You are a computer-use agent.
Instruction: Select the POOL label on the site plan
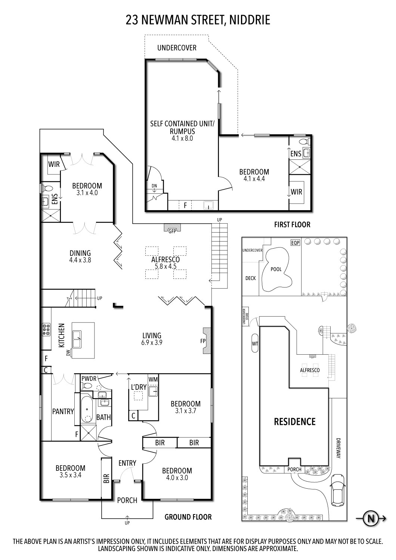tap(276, 269)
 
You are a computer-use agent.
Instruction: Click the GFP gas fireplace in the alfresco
tap(172, 228)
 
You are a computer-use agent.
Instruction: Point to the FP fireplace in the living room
tap(207, 340)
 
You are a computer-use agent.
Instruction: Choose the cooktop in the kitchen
tap(46, 330)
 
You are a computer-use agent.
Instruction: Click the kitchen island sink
tap(77, 339)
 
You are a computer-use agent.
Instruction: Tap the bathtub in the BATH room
tap(87, 409)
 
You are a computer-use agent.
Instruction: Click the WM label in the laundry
tap(153, 379)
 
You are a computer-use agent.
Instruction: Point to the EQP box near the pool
tap(295, 243)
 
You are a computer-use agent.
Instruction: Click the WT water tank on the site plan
tap(255, 343)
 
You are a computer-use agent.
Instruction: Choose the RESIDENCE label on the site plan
tap(295, 421)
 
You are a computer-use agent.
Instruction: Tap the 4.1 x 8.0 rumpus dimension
tap(182, 139)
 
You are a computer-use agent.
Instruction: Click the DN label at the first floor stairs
tap(154, 186)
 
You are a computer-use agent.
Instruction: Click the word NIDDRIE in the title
tap(250, 20)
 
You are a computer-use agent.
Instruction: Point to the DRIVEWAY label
tap(338, 448)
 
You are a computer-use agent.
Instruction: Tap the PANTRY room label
tap(63, 411)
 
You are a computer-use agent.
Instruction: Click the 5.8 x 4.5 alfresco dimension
tap(165, 266)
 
